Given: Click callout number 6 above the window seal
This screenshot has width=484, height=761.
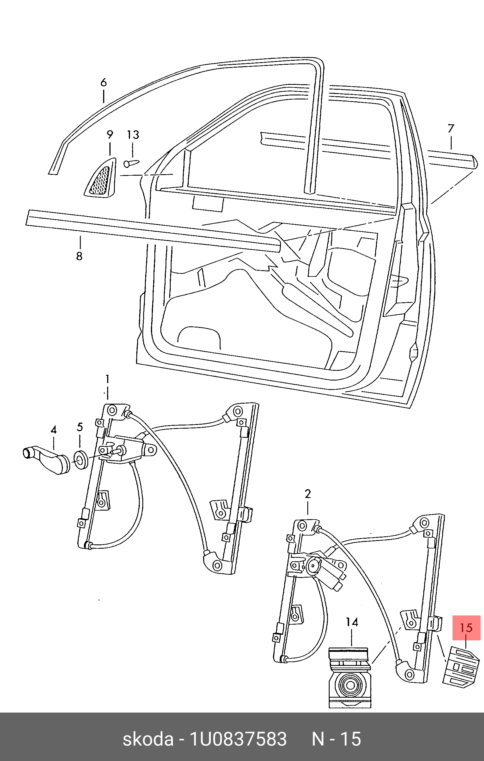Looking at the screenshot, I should [x=104, y=83].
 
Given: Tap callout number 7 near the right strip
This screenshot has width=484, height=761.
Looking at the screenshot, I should [x=451, y=129].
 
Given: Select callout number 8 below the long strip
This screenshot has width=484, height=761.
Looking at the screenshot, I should [x=79, y=256].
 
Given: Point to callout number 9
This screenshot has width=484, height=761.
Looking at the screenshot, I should [x=110, y=135].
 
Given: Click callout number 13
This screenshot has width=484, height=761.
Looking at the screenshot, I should [x=133, y=135].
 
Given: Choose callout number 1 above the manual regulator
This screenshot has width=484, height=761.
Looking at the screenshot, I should [x=107, y=378].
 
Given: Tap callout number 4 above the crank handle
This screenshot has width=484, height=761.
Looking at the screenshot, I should [x=54, y=430].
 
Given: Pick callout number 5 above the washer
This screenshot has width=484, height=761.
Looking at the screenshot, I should [x=80, y=427].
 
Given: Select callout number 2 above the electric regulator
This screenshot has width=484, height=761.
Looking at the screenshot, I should [x=308, y=494].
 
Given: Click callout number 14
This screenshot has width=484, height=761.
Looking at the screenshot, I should [x=352, y=622].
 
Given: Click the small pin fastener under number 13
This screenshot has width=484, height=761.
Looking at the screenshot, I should [x=131, y=163].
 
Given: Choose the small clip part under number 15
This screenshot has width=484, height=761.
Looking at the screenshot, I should [x=461, y=667].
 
